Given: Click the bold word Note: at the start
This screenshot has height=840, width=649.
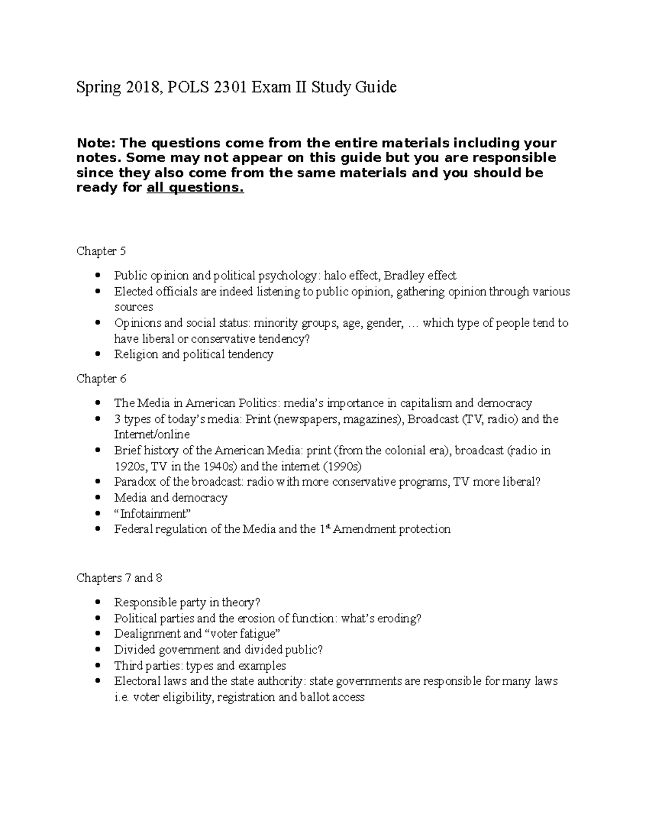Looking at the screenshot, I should click(96, 143).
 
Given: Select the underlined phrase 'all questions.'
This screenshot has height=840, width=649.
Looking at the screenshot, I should click(195, 188).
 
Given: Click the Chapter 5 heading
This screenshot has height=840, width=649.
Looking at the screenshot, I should click(101, 251).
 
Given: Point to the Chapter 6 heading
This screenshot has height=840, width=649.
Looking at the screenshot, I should click(101, 379).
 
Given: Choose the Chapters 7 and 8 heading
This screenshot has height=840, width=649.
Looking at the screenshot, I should click(120, 578).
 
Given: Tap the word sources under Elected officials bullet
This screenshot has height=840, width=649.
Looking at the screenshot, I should click(134, 307).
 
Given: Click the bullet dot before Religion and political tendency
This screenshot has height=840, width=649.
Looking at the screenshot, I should click(97, 354).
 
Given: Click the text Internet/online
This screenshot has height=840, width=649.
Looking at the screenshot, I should click(152, 434).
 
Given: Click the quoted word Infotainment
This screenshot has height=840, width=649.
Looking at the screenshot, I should click(153, 513).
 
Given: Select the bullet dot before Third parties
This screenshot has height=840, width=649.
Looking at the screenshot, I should click(97, 665).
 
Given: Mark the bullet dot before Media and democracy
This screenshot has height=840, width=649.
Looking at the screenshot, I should click(97, 498).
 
